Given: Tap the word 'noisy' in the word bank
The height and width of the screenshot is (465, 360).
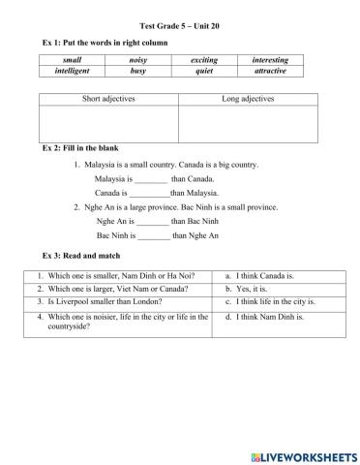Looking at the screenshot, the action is tap(152, 60).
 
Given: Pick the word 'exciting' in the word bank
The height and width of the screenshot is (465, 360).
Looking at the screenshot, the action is tap(204, 60).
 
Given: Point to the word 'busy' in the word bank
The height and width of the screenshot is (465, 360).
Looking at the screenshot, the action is tap(152, 71).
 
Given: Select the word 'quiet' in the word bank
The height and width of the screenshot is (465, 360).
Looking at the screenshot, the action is tap(204, 71).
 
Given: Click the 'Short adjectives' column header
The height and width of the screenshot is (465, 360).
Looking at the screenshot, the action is tap(109, 99).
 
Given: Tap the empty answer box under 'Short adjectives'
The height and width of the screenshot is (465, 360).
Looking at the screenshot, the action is tap(109, 123).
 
